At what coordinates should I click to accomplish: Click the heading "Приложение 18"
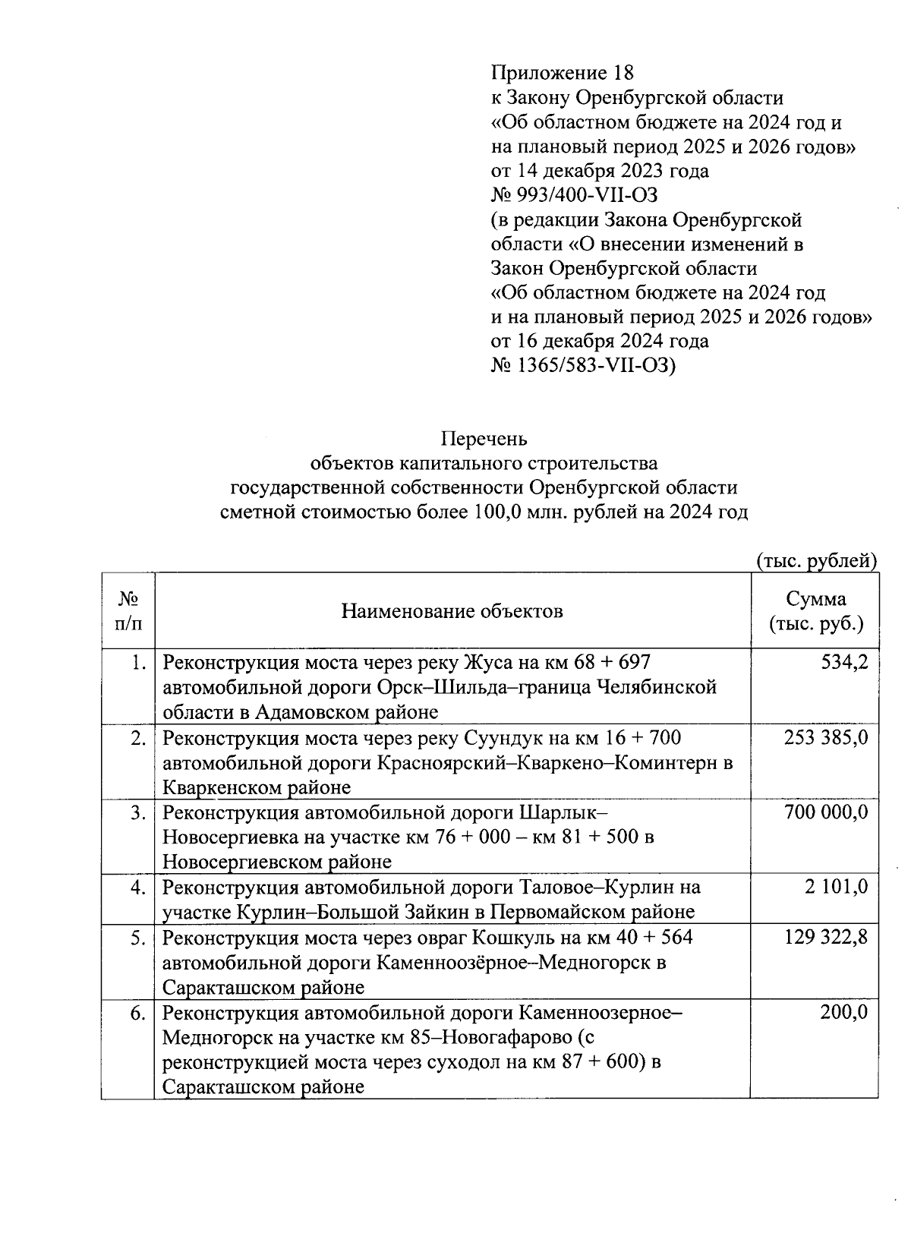coord(562,73)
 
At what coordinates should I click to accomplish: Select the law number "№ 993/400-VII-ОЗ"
coord(575,195)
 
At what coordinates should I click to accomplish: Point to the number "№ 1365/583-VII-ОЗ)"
coord(583,365)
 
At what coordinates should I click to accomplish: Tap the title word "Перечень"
coord(484,439)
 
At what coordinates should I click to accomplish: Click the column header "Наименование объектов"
coord(452,610)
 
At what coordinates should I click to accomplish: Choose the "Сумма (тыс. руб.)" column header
coord(816,611)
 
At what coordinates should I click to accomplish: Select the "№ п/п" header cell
coord(128,611)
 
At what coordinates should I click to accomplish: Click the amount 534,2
coord(844,663)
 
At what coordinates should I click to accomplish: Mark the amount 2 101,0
coord(837,887)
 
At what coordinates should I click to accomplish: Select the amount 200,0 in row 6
coord(844,1012)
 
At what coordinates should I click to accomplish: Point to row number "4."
coord(137,887)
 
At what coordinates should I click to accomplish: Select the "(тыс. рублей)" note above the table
coord(817,561)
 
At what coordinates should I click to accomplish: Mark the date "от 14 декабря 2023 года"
coord(600,171)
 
